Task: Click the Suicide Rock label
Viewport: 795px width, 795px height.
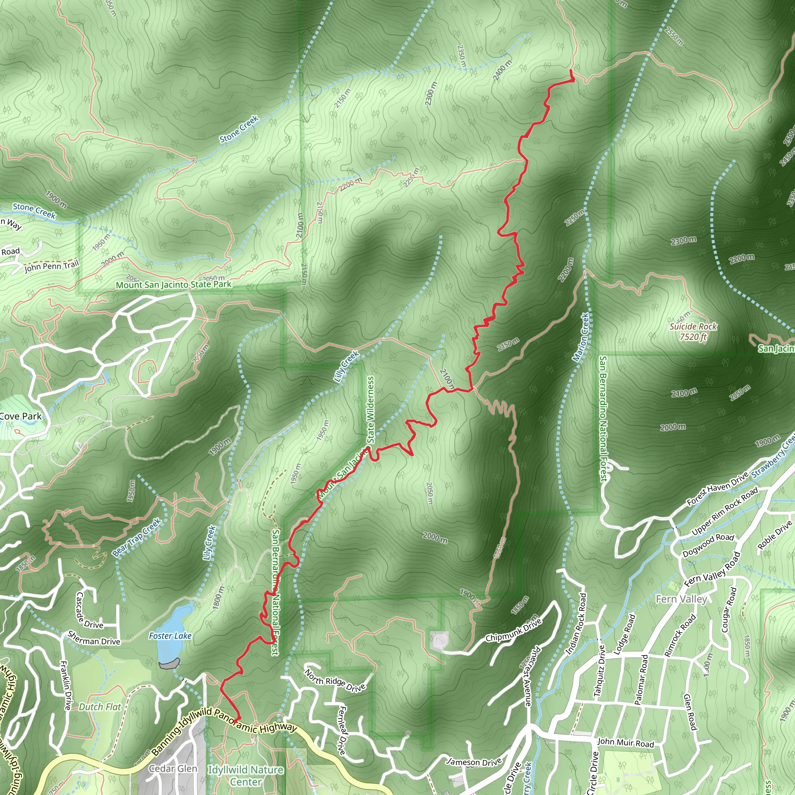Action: (693, 331)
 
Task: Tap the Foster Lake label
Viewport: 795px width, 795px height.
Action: (170, 636)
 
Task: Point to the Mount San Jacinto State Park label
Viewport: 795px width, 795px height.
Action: (173, 284)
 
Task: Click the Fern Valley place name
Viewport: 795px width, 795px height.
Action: (681, 599)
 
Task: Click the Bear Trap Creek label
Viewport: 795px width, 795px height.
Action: (136, 537)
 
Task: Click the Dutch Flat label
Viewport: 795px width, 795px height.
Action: (100, 707)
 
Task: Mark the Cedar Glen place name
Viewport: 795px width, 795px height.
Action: (173, 769)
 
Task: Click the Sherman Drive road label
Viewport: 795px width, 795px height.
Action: (94, 639)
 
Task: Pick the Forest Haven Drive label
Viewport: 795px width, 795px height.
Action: (717, 488)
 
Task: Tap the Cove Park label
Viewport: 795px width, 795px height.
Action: (21, 416)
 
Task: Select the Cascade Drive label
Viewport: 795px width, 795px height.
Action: (89, 611)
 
